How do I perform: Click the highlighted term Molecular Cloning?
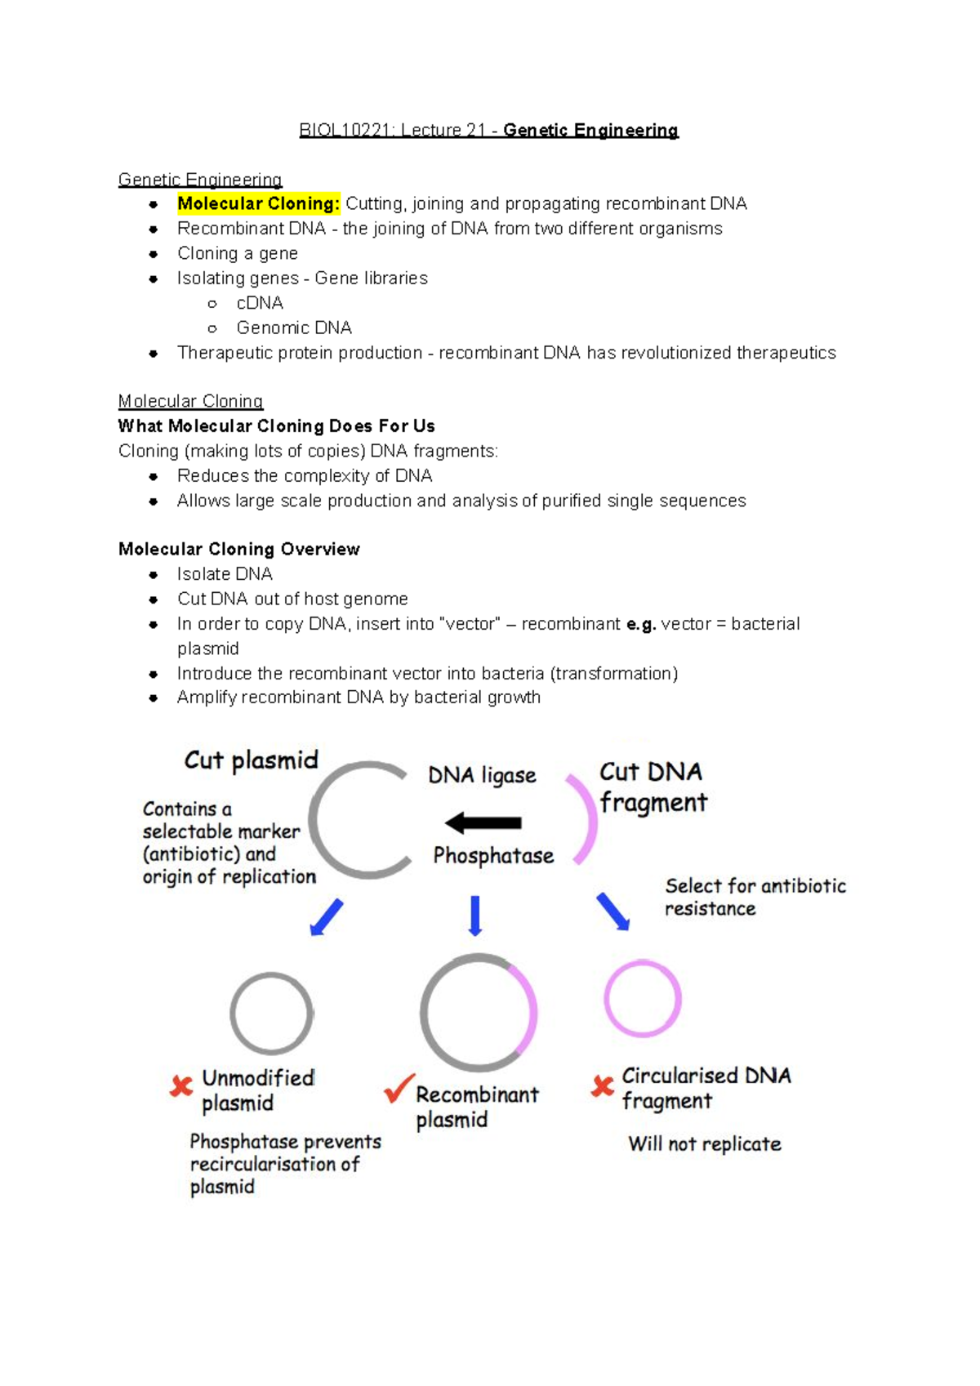click(258, 203)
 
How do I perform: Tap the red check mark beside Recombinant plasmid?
click(399, 1088)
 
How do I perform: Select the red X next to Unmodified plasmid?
click(181, 1085)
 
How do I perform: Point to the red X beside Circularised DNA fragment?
click(603, 1085)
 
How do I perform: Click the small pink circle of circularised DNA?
click(643, 998)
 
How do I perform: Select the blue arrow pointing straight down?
click(475, 916)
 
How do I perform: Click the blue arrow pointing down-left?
click(327, 917)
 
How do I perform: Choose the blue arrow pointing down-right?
click(612, 911)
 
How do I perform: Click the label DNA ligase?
click(482, 775)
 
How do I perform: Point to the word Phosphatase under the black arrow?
click(493, 855)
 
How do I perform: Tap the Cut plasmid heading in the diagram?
click(251, 760)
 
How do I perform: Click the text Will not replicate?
click(704, 1143)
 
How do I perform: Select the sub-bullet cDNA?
click(260, 303)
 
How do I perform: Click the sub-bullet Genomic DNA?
click(294, 328)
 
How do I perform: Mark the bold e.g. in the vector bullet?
click(641, 624)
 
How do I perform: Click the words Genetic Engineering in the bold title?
click(590, 131)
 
